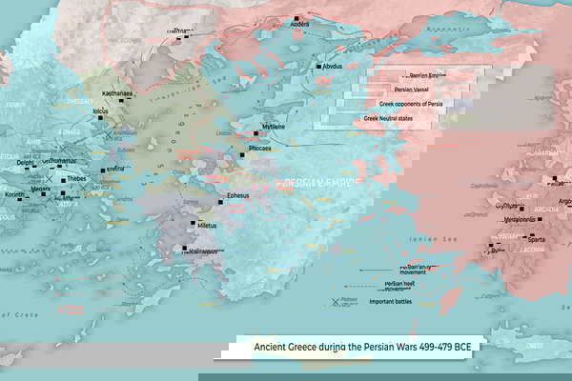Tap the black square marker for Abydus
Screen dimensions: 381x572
(x=318, y=67)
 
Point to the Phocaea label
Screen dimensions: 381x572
(x=258, y=149)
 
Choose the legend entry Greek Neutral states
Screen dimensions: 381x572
(x=397, y=119)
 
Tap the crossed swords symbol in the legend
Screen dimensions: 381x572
(x=334, y=302)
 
